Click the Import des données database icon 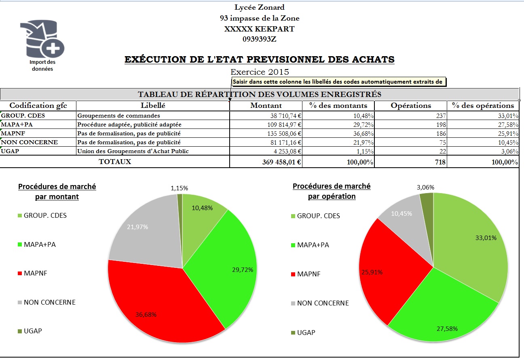[x=42, y=40]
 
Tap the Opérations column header [x=411, y=105]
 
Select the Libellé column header [x=153, y=105]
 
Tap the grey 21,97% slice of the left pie [x=142, y=234]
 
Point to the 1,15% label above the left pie [x=179, y=188]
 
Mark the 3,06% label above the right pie [x=425, y=187]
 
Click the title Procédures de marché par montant [x=57, y=192]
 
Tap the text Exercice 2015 [x=260, y=72]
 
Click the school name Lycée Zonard [x=260, y=7]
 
